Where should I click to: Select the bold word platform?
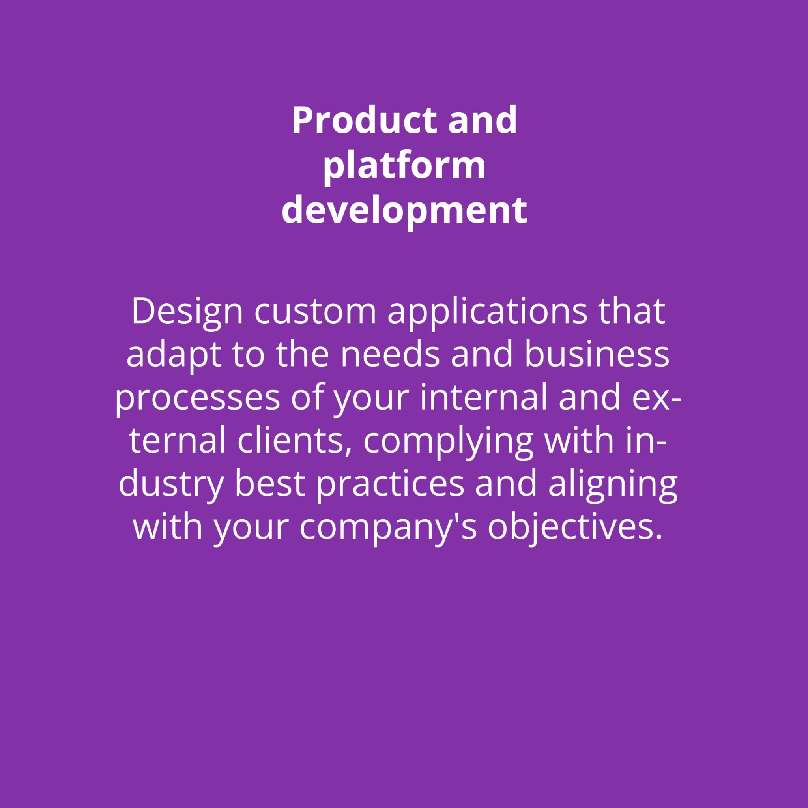(x=404, y=166)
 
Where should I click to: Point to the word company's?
(x=388, y=529)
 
